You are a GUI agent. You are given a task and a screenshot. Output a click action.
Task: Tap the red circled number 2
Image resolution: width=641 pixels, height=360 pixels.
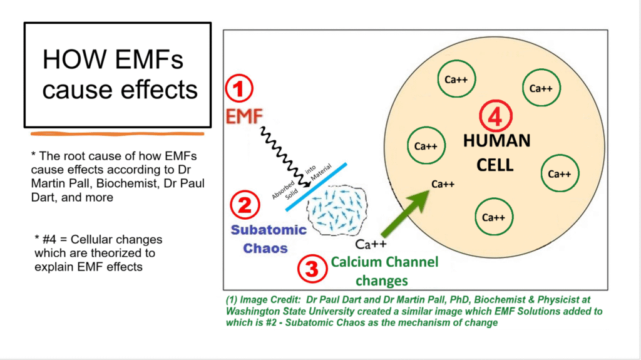[244, 205]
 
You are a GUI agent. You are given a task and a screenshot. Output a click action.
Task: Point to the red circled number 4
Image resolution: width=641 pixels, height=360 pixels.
[495, 115]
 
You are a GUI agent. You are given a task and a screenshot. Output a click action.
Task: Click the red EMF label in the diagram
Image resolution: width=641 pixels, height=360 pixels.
[245, 116]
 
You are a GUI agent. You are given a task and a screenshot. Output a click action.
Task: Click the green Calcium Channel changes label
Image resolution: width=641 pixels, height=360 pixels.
[384, 270]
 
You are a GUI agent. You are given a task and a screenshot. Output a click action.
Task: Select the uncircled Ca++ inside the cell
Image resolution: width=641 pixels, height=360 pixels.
[443, 185]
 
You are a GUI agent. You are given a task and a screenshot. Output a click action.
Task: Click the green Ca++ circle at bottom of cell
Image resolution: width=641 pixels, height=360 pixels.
[494, 217]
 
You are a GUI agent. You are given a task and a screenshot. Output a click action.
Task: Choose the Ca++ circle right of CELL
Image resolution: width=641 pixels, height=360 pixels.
[559, 173]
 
